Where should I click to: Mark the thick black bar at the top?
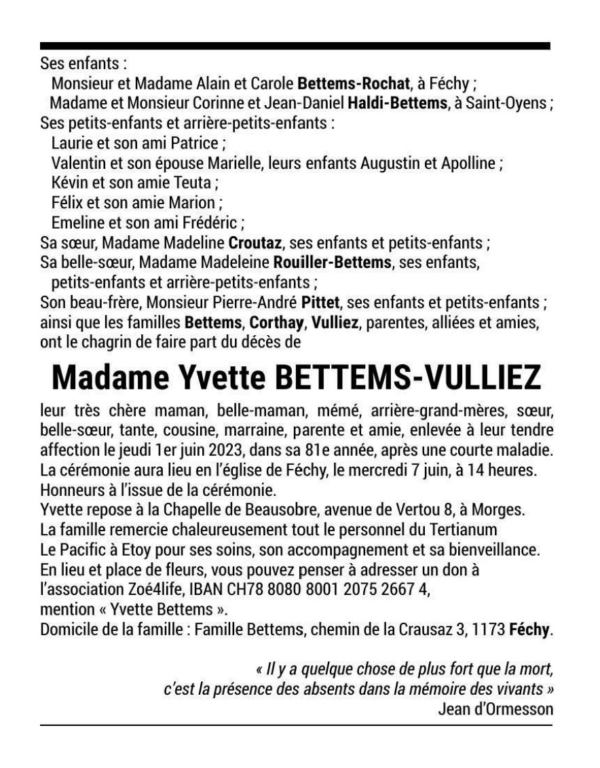(295, 45)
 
